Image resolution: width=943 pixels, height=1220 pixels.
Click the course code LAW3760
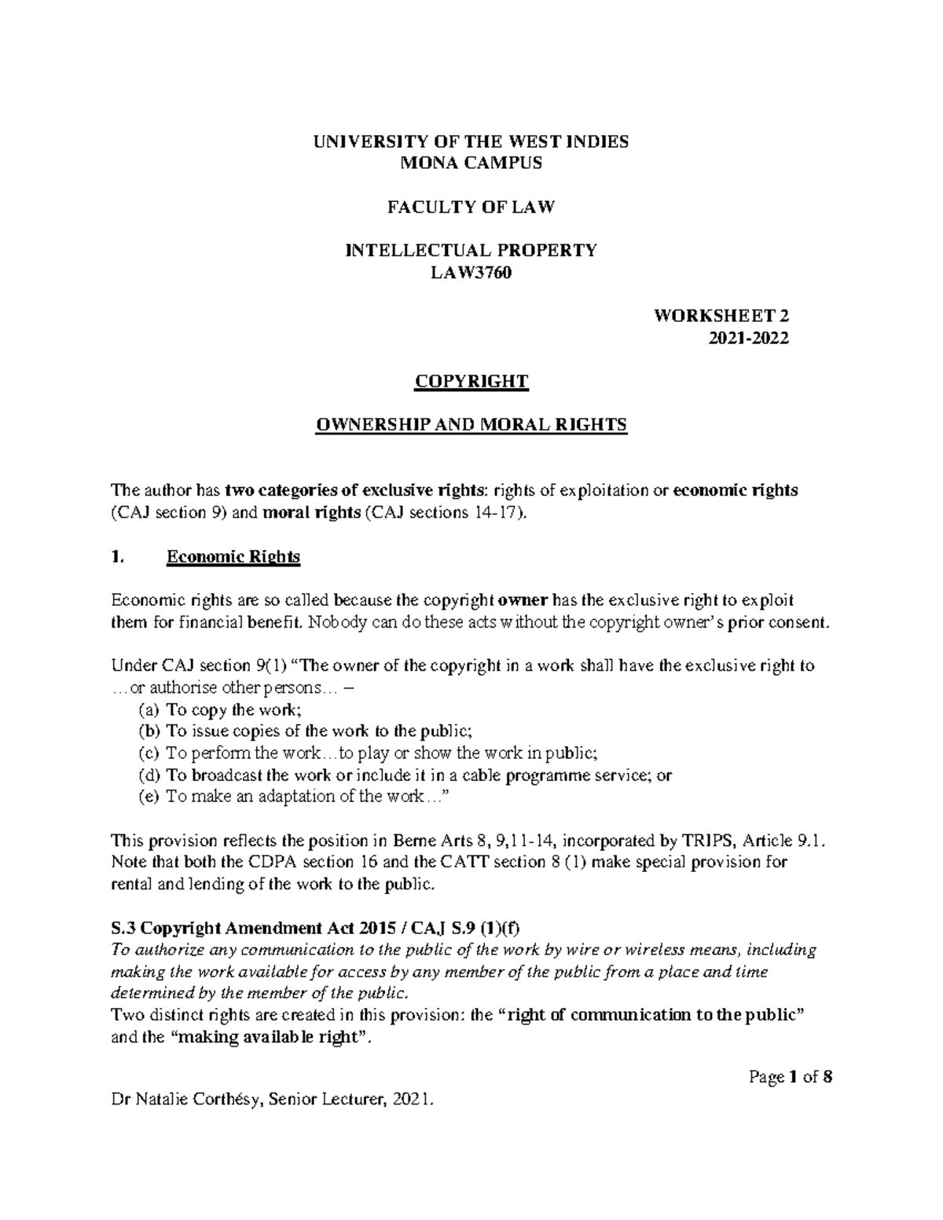click(472, 273)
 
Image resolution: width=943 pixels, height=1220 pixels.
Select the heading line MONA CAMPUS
click(472, 163)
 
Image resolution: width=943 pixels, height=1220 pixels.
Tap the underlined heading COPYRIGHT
click(472, 382)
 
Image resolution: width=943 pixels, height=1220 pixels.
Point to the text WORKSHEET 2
click(721, 317)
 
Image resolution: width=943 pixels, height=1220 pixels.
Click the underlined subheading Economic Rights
click(233, 557)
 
